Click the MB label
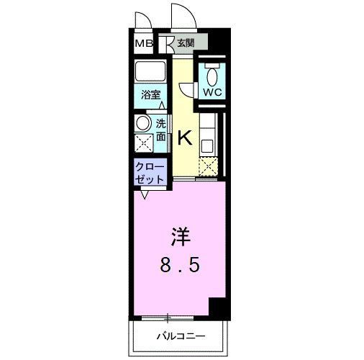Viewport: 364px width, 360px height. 144,43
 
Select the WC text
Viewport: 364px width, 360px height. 211,93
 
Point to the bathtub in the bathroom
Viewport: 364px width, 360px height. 150,72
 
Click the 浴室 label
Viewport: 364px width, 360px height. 150,94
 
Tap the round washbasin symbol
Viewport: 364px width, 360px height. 143,122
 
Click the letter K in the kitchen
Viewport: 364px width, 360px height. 184,137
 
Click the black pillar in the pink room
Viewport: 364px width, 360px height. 217,307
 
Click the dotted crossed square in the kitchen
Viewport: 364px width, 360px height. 209,167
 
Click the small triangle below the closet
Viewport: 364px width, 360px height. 145,194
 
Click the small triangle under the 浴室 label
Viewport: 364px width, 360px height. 160,106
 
